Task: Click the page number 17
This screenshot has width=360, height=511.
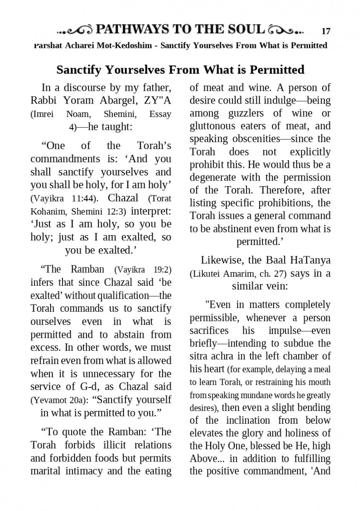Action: click(x=326, y=31)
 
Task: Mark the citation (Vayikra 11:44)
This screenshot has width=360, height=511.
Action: click(x=67, y=198)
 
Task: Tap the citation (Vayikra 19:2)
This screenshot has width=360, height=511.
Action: click(x=143, y=270)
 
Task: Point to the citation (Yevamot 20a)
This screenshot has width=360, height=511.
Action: click(x=59, y=400)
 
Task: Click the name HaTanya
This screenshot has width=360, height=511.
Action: click(x=311, y=260)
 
